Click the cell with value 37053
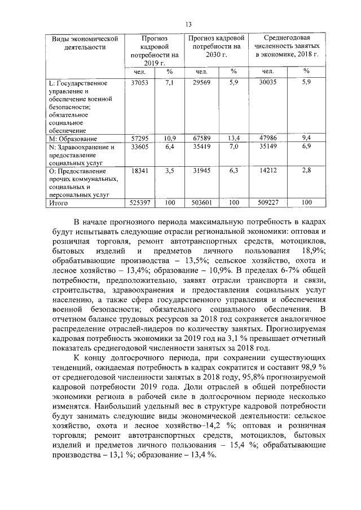point(139,82)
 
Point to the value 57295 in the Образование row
point(139,138)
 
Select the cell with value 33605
point(139,147)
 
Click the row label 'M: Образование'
point(74,138)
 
